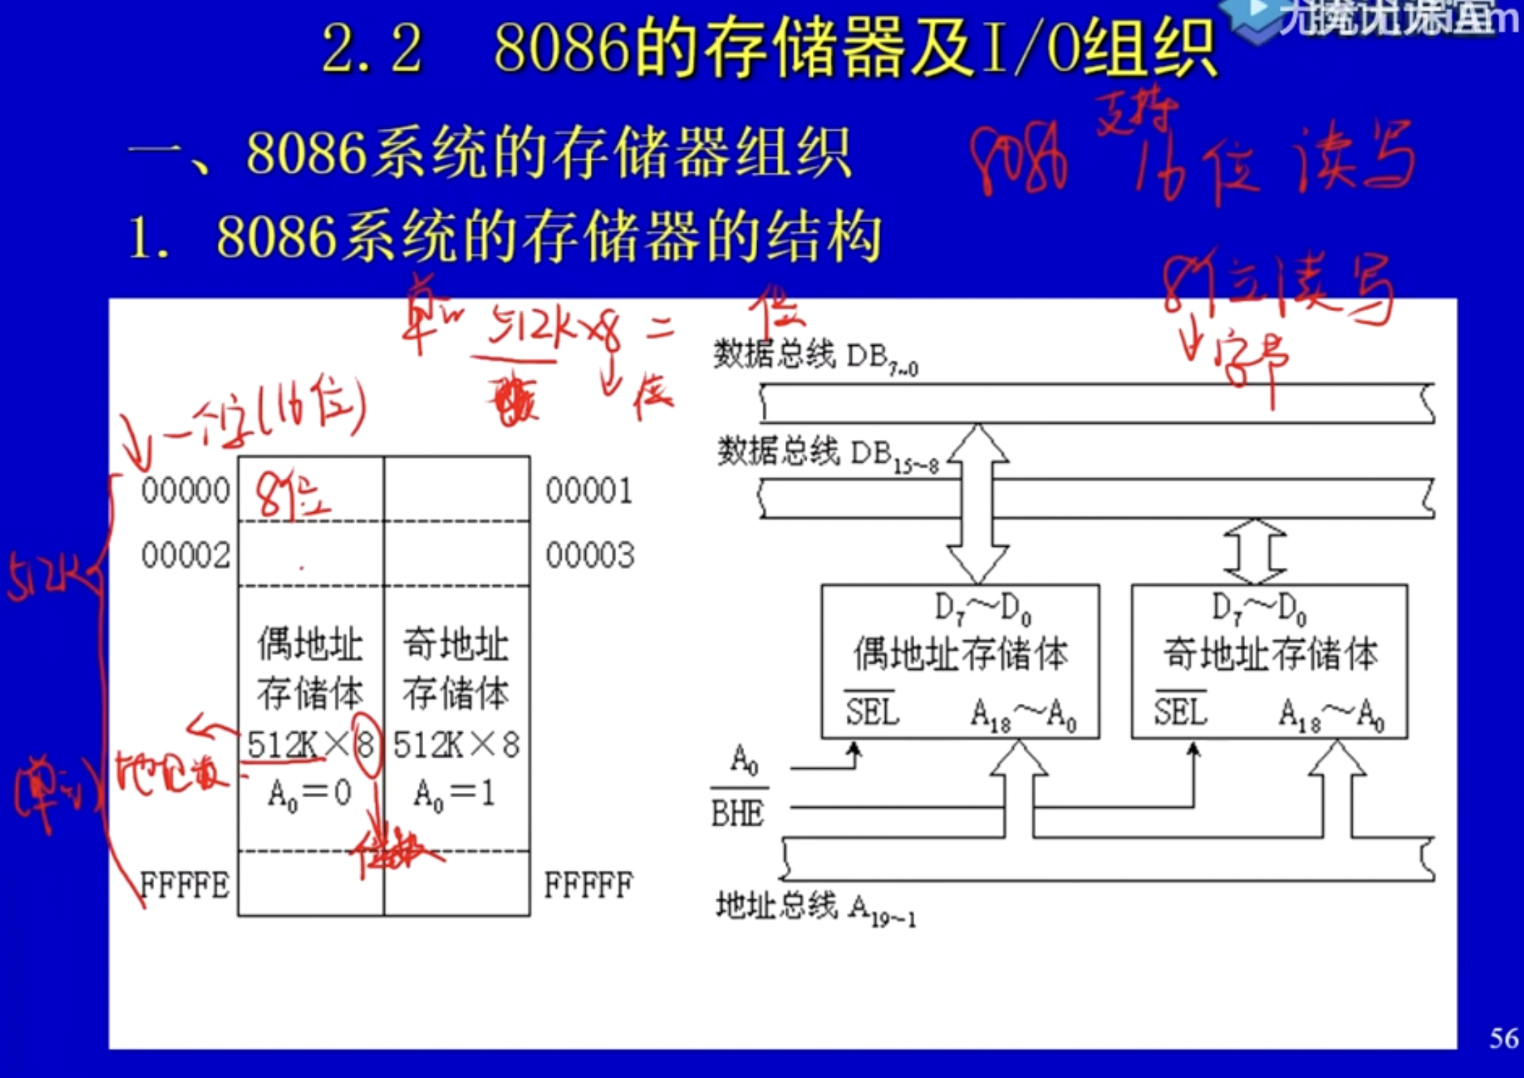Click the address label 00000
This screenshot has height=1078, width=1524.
(185, 490)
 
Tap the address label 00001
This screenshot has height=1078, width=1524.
(589, 490)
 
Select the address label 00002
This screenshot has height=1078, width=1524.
(185, 555)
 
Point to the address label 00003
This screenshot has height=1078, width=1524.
(589, 555)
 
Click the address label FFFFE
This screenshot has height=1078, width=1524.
(185, 885)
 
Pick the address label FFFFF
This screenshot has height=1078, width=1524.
(588, 885)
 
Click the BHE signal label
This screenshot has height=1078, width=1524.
(737, 813)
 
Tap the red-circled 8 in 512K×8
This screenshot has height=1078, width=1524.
(365, 744)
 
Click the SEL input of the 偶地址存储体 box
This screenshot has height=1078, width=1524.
(872, 711)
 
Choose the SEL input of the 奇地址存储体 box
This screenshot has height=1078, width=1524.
(1180, 711)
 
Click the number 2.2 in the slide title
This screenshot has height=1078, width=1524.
(372, 48)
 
